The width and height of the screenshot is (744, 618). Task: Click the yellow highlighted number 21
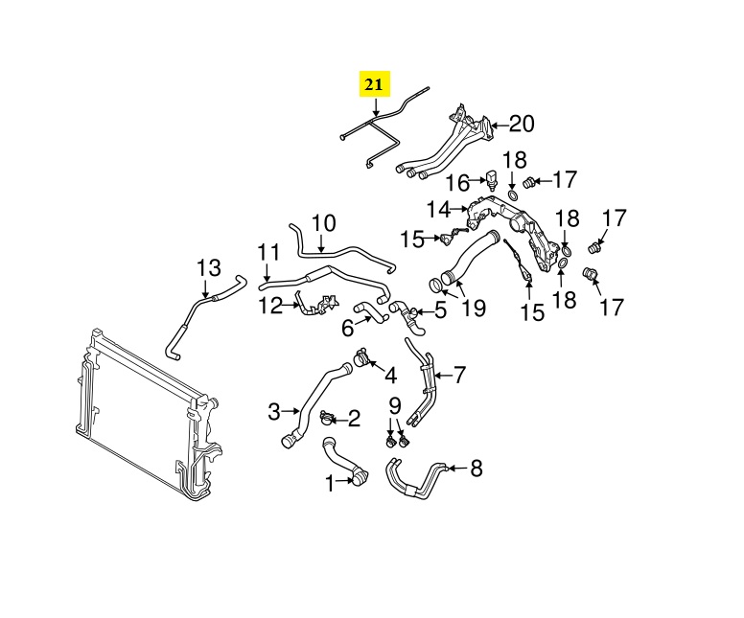click(x=374, y=85)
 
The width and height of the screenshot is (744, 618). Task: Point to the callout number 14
click(x=438, y=208)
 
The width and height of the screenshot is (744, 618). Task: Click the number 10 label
click(x=323, y=223)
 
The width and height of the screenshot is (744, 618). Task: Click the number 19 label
click(x=474, y=308)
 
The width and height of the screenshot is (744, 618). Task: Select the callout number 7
click(x=459, y=374)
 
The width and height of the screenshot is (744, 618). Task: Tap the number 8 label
click(x=476, y=469)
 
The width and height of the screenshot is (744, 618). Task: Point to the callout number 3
click(x=273, y=412)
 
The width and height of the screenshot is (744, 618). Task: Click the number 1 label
click(x=330, y=485)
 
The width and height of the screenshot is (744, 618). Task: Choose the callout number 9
click(x=394, y=404)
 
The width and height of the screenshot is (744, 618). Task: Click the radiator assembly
click(x=144, y=412)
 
